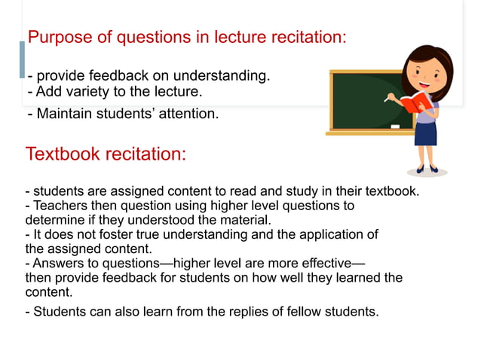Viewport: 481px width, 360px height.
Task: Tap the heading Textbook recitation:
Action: (x=106, y=154)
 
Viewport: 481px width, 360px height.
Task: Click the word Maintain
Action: (x=66, y=114)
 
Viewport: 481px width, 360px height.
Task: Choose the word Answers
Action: (x=57, y=264)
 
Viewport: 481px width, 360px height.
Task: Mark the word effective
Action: (x=323, y=264)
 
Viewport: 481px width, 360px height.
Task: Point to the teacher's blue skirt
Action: (x=426, y=133)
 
